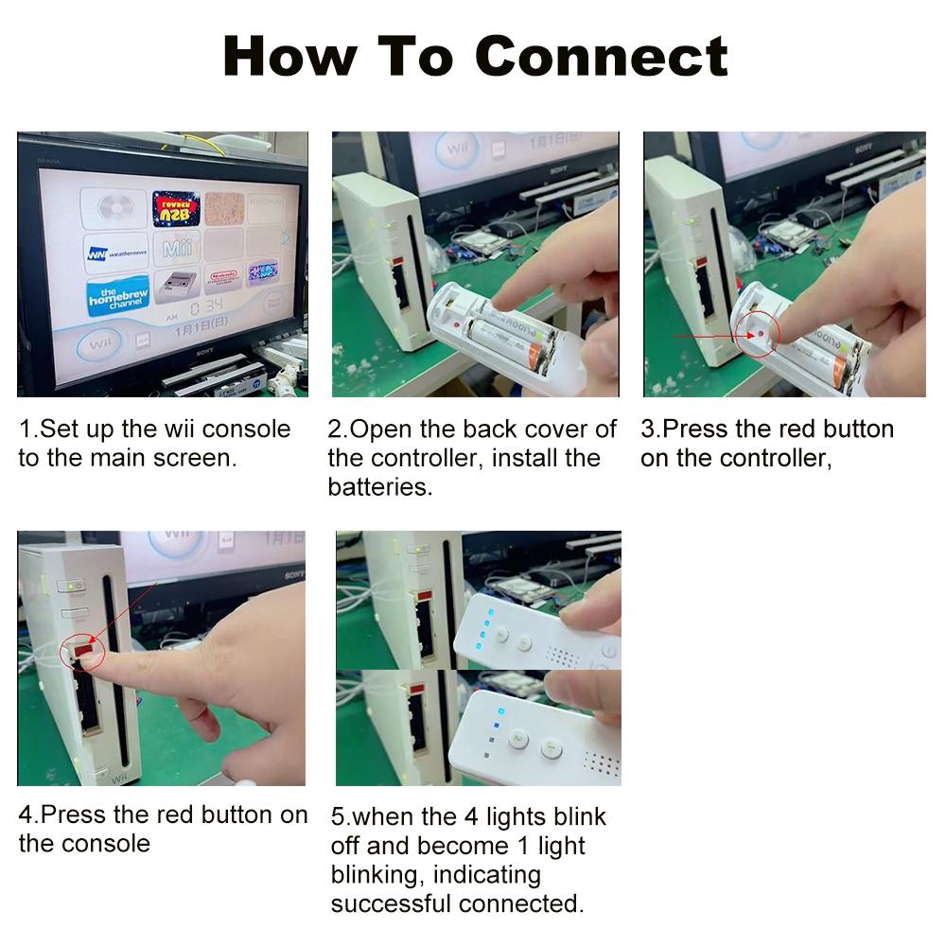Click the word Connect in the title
point(602,56)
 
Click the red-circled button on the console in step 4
point(82,650)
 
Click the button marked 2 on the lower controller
point(517,737)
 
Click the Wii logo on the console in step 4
point(93,777)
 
